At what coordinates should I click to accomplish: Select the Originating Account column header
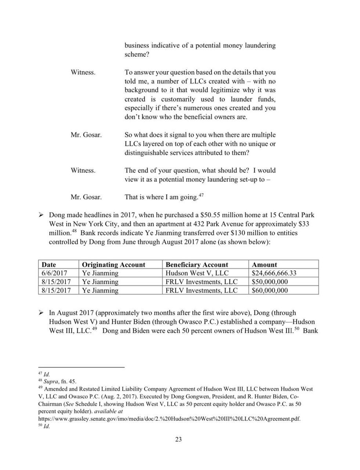click(x=113, y=265)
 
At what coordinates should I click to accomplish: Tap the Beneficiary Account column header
click(x=197, y=265)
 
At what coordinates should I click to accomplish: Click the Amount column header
click(x=264, y=265)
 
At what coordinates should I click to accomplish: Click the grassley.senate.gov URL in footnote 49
click(x=169, y=419)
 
